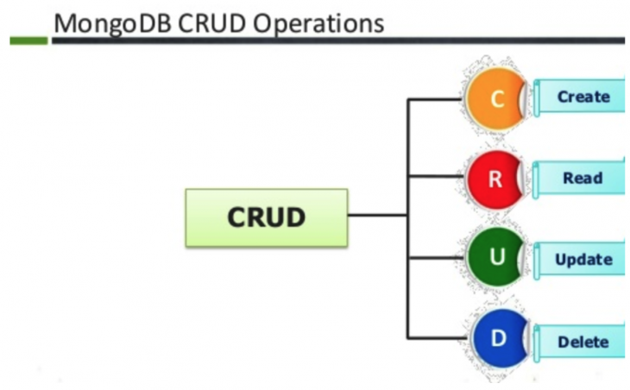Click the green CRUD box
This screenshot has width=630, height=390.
266,217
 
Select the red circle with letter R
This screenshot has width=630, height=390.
494,179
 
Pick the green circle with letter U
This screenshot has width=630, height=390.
494,258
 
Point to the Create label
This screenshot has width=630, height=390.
583,97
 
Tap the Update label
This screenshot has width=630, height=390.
583,259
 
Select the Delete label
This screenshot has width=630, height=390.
583,341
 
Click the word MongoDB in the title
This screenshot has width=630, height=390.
111,22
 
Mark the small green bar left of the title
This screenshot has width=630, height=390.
28,40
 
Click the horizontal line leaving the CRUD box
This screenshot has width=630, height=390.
377,216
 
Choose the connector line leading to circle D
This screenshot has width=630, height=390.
437,337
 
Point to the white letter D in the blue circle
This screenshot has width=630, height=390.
497,338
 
